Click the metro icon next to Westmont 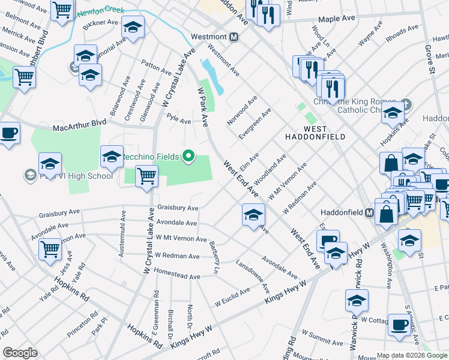[234, 37]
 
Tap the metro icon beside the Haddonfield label [370, 212]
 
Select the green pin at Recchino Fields [188, 157]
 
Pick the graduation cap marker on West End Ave [253, 214]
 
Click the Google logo [20, 352]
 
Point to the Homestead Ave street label [177, 277]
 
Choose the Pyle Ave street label [179, 120]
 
